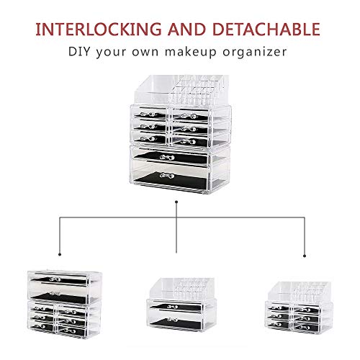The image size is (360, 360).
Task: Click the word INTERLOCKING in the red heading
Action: tap(99, 30)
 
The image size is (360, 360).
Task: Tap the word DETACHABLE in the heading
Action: tap(266, 30)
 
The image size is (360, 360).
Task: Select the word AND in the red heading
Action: tap(186, 30)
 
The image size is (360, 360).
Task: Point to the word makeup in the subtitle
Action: tap(191, 53)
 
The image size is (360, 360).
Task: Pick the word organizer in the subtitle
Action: tap(255, 53)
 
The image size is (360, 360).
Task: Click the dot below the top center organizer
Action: tap(176, 202)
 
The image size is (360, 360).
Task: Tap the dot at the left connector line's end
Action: tap(60, 254)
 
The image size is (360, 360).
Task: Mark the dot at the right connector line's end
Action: tap(305, 256)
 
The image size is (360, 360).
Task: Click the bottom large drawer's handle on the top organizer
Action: tap(167, 176)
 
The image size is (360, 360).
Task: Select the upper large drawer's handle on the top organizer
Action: tap(167, 158)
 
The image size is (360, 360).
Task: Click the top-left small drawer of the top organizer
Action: tap(150, 113)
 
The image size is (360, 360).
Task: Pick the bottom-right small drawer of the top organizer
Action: tap(189, 141)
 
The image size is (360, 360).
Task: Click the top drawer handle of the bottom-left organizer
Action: tap(55, 279)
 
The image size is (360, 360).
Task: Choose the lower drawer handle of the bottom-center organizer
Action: tap(173, 320)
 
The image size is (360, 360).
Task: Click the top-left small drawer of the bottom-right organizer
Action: tap(279, 307)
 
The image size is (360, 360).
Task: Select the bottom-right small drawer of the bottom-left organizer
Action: tap(71, 331)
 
